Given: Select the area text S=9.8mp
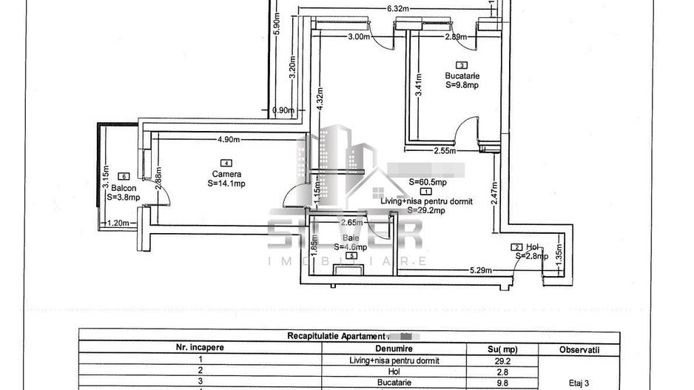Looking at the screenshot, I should tap(462, 85).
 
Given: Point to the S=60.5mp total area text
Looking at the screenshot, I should tap(428, 182).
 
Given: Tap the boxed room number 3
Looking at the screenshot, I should tap(462, 65).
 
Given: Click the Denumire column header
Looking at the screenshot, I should tap(383, 348).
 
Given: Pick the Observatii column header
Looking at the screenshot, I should tap(579, 348).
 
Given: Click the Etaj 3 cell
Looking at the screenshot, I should tap(579, 383).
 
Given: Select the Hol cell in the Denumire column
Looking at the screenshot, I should tap(383, 371).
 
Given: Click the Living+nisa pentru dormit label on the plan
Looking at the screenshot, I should tap(426, 201).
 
